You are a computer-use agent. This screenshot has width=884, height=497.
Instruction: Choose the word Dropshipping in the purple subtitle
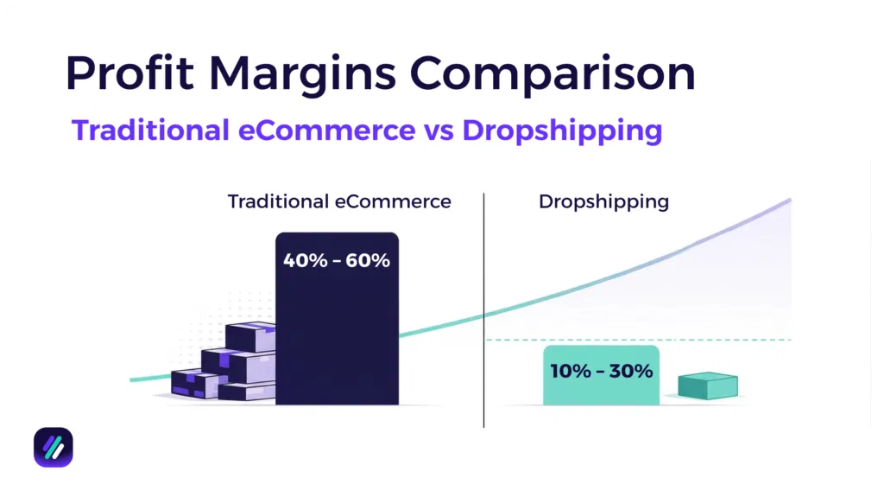click(562, 130)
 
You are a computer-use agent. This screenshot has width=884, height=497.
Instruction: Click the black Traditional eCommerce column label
click(339, 201)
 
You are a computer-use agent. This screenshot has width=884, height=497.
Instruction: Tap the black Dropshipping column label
click(603, 201)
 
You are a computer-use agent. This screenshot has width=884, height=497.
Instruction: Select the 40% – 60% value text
click(337, 259)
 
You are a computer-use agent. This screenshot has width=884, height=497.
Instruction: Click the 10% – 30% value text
click(601, 372)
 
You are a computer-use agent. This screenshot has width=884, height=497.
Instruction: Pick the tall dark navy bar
click(337, 337)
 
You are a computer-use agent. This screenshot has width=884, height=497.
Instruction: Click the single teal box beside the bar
click(707, 386)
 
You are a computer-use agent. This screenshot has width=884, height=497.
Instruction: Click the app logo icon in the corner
click(54, 447)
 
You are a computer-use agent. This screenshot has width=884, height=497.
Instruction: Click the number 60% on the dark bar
click(368, 259)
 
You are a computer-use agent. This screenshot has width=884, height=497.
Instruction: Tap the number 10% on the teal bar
click(570, 372)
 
